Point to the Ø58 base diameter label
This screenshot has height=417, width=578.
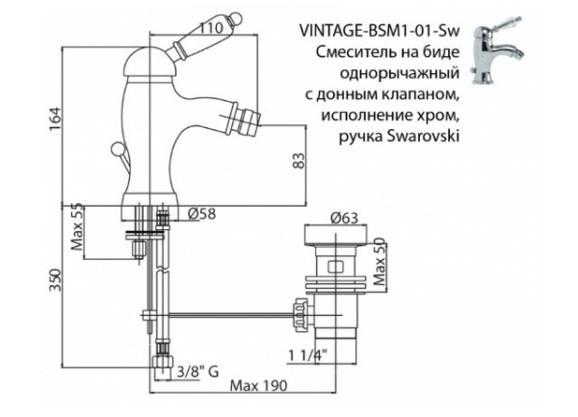point(202,213)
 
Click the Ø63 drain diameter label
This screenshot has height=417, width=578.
point(331,219)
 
